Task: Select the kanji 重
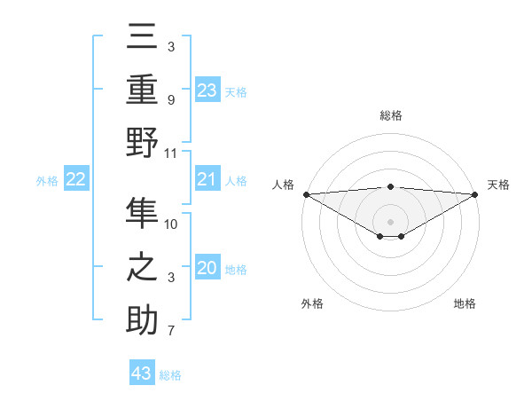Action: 143,91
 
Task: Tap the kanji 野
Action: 143,143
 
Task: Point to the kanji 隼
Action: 143,214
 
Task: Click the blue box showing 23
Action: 207,90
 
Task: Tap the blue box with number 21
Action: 207,180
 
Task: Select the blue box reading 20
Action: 207,269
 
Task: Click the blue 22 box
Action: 76,180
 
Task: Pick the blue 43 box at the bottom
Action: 142,374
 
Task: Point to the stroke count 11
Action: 171,153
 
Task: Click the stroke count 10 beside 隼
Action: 171,224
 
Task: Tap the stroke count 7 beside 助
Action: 171,332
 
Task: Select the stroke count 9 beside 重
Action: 171,99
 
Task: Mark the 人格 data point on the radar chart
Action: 306,194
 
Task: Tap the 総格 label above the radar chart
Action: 391,115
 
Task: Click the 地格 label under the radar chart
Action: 465,303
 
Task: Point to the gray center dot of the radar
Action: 391,221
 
